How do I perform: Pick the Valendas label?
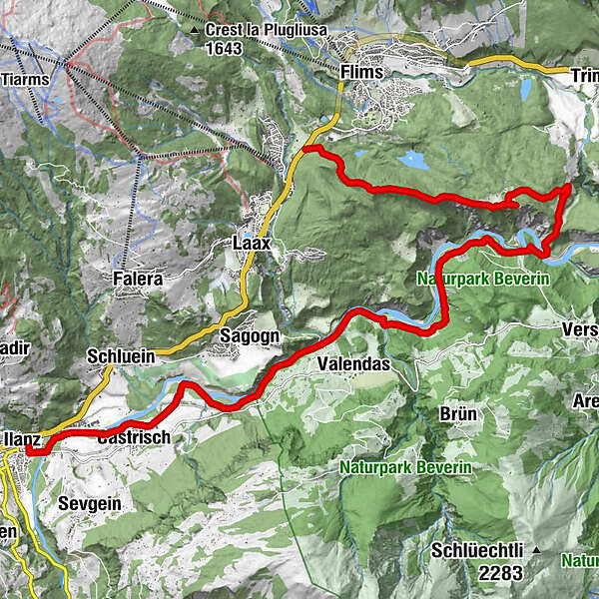click(352, 364)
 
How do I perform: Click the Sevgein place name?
click(89, 504)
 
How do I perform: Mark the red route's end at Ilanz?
click(30, 451)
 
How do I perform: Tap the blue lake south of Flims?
click(411, 158)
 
